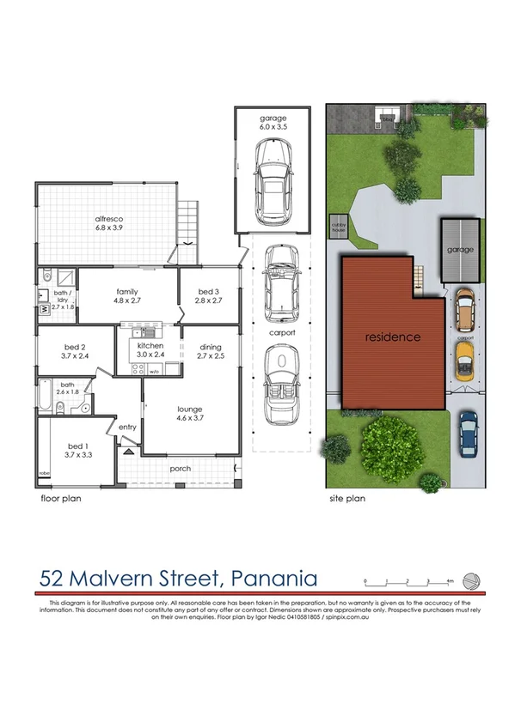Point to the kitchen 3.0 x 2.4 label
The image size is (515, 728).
[144, 350]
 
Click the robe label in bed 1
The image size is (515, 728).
[43, 473]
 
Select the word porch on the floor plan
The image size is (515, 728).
[180, 469]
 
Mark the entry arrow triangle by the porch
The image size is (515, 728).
[127, 450]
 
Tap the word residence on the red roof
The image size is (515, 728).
[392, 337]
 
